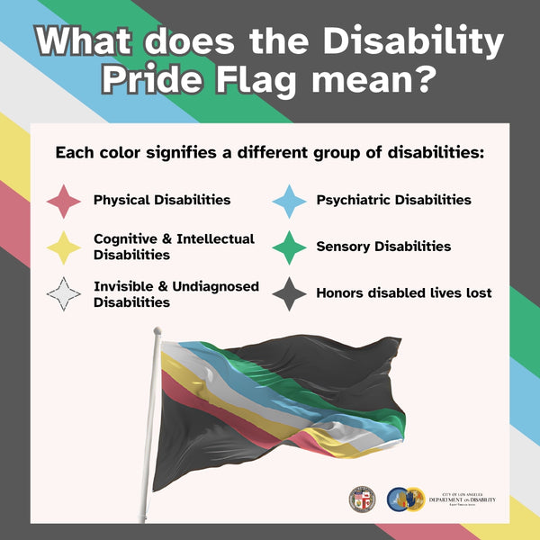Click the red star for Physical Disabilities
click(x=64, y=201)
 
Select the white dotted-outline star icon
click(x=64, y=294)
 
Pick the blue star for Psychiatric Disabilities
click(x=290, y=201)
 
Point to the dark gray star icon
click(x=290, y=294)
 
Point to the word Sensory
click(x=343, y=247)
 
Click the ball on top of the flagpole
click(x=157, y=331)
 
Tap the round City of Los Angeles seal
click(x=363, y=498)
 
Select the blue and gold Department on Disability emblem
click(x=405, y=499)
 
